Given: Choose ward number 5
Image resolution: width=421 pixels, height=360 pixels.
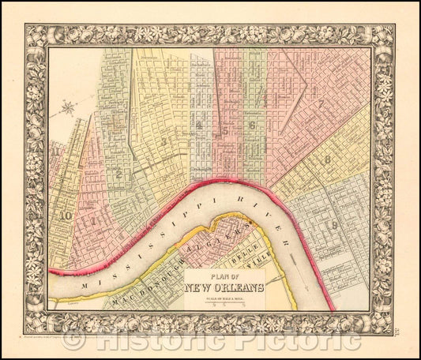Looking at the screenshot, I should tap(226, 130).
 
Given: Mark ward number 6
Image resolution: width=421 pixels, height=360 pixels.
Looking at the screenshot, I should tap(252, 125).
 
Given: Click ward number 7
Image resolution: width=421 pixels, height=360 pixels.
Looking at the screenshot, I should tap(321, 103).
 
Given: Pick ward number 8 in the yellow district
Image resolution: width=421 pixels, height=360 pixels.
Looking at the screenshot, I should tap(326, 159).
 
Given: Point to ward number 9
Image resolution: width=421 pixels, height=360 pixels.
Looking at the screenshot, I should tap(335, 226).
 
